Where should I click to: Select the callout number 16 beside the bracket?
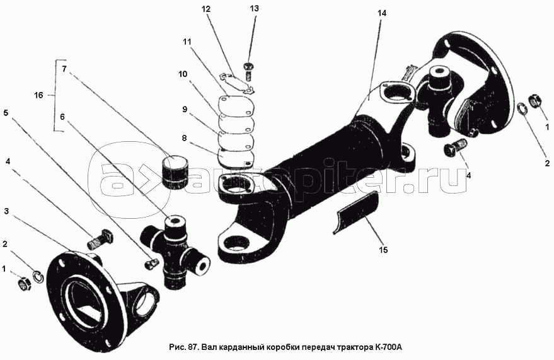coord(38,95)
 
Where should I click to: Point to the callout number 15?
coord(384,250)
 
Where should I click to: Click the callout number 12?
coord(205,10)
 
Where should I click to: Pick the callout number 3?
coord(6,211)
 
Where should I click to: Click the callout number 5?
coord(6,113)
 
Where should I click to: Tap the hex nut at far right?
coord(534,101)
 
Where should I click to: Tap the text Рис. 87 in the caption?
coord(184,345)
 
